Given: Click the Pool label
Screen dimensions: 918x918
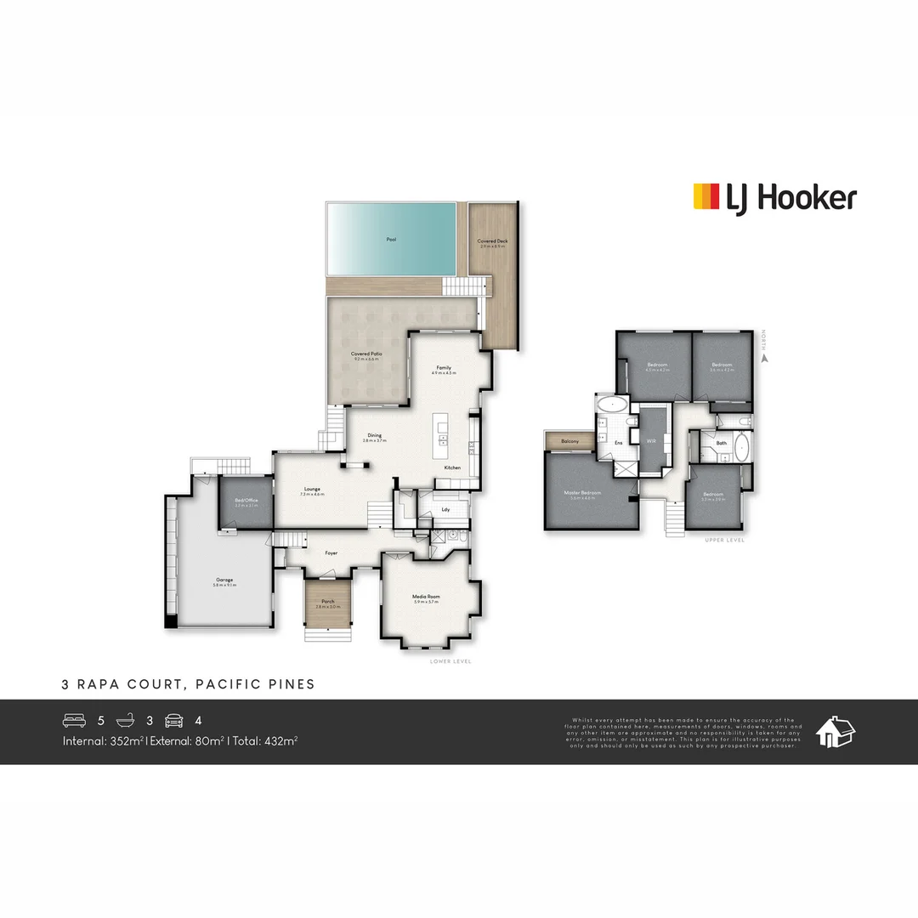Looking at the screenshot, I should point(391,240).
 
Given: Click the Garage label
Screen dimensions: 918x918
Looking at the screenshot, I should point(224,580).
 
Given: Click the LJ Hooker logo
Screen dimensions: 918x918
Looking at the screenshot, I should point(774,198).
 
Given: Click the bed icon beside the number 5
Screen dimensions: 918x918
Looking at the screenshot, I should point(75,721).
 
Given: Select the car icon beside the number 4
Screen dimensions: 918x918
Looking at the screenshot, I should point(173,721).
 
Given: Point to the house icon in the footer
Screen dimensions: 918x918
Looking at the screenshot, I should point(835,731).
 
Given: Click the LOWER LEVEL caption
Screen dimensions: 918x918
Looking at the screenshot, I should point(450,661).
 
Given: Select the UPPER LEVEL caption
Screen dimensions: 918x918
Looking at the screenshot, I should point(724,541).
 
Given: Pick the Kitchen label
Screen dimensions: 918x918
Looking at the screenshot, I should point(452,468).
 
